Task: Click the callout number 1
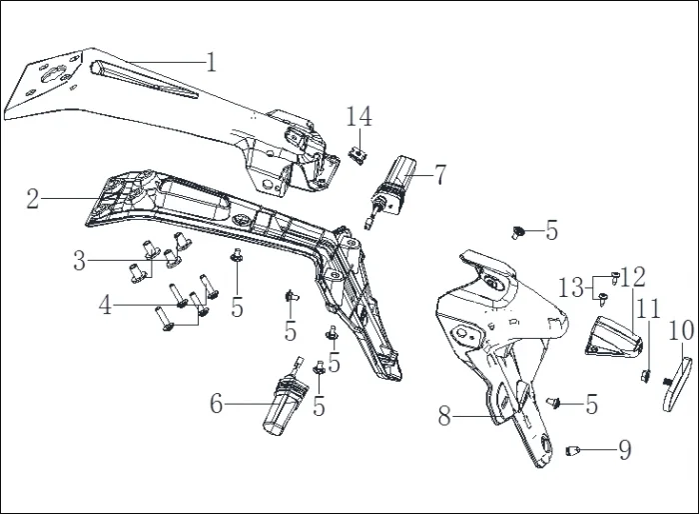[212, 62]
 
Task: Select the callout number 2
[33, 199]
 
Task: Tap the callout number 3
[79, 260]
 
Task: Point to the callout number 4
[105, 305]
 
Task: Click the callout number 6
[217, 404]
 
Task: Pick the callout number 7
[440, 175]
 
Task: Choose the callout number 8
[444, 416]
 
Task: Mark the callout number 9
[625, 449]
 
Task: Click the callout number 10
[681, 330]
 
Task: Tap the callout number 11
[649, 309]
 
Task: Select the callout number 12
[633, 277]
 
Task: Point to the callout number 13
[571, 288]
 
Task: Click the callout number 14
[358, 116]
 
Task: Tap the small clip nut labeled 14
[357, 156]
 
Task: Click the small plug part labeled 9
[573, 451]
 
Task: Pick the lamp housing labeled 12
[614, 337]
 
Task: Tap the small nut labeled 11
[645, 376]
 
